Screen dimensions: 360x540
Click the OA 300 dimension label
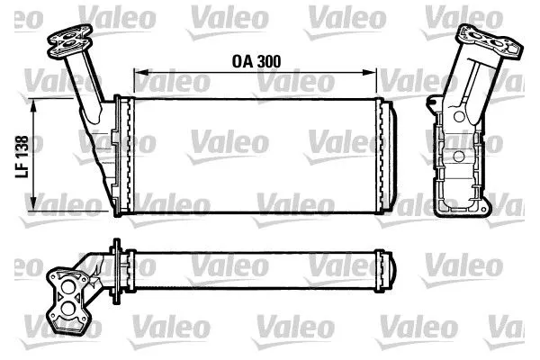(x=256, y=61)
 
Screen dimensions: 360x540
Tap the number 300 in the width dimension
(x=267, y=61)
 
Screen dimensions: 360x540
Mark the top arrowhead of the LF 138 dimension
(x=34, y=104)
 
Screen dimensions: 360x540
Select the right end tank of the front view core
(x=389, y=159)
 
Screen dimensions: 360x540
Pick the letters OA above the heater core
(x=241, y=61)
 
